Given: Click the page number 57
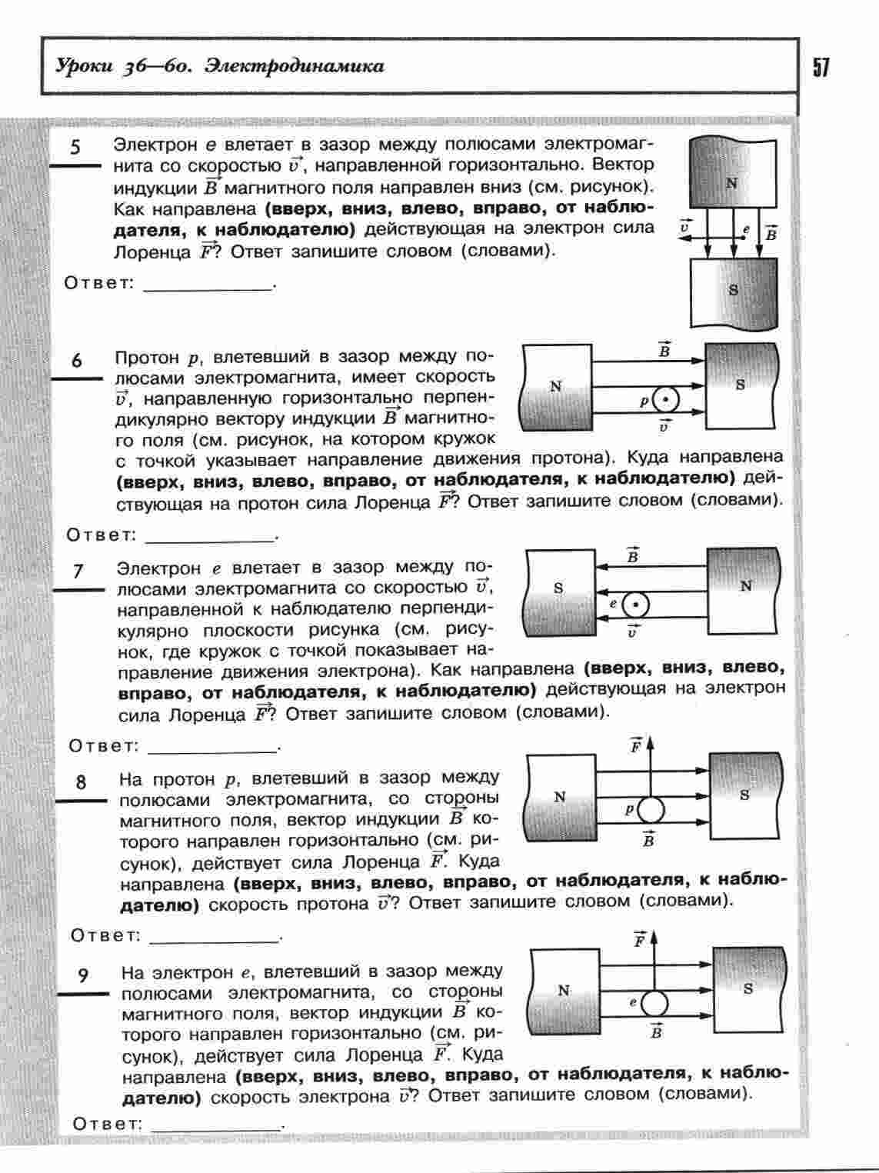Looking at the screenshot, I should (821, 68).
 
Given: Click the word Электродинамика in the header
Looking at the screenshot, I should (295, 67).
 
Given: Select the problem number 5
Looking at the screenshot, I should (75, 147).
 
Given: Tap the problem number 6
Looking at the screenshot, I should (77, 359).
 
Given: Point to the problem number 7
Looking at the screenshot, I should (78, 571).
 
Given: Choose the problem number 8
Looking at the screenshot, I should (81, 782).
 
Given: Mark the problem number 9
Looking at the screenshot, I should (83, 975).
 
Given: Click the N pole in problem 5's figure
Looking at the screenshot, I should (731, 183).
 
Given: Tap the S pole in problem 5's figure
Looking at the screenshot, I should (733, 291).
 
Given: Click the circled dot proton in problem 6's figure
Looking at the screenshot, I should (666, 401).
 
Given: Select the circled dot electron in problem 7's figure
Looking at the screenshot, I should (635, 606).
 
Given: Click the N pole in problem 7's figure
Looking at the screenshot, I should (745, 586).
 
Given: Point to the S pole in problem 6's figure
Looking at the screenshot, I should (740, 385).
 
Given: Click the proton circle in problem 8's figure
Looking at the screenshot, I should (651, 810).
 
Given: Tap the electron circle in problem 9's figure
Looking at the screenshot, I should (655, 1003).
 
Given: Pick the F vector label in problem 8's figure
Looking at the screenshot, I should (636, 745).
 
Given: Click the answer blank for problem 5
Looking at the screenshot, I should (208, 284).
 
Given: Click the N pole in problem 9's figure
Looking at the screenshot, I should (564, 991).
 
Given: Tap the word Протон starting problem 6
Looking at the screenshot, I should (146, 358).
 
